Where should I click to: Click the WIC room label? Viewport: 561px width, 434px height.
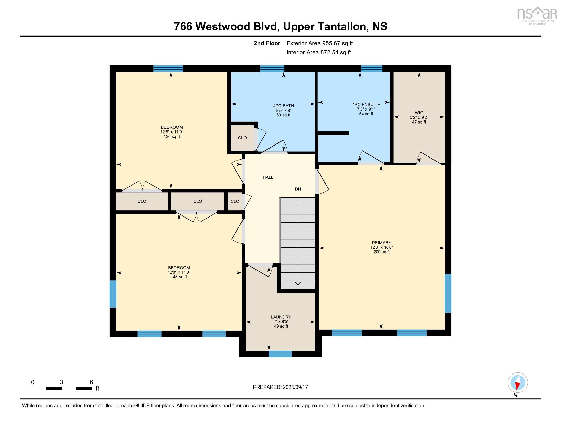pos(419,113)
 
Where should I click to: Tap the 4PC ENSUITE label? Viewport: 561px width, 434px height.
pos(366,105)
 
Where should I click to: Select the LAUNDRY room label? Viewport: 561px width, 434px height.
pos(281,317)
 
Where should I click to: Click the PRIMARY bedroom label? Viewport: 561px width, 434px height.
pos(381,243)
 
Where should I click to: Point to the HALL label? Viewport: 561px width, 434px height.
pos(268,177)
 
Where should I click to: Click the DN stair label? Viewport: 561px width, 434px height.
pos(298,189)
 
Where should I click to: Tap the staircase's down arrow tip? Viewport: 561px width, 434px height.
pos(298,284)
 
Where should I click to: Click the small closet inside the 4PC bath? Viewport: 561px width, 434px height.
pos(242,138)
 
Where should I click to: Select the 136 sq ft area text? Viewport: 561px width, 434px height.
pos(172,137)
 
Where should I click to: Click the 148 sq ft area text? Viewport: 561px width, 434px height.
pos(179,277)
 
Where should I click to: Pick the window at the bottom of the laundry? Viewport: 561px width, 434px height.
pos(280,354)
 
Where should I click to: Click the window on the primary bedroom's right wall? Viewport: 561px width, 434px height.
pos(448,293)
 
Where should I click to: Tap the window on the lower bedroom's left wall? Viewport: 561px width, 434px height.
pos(113,294)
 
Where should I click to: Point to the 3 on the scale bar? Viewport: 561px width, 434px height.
pos(61,382)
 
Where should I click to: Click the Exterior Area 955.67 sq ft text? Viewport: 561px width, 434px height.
pos(319,43)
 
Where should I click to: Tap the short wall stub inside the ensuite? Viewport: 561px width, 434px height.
pos(334,133)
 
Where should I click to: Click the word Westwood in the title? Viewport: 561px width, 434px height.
pos(222,27)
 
